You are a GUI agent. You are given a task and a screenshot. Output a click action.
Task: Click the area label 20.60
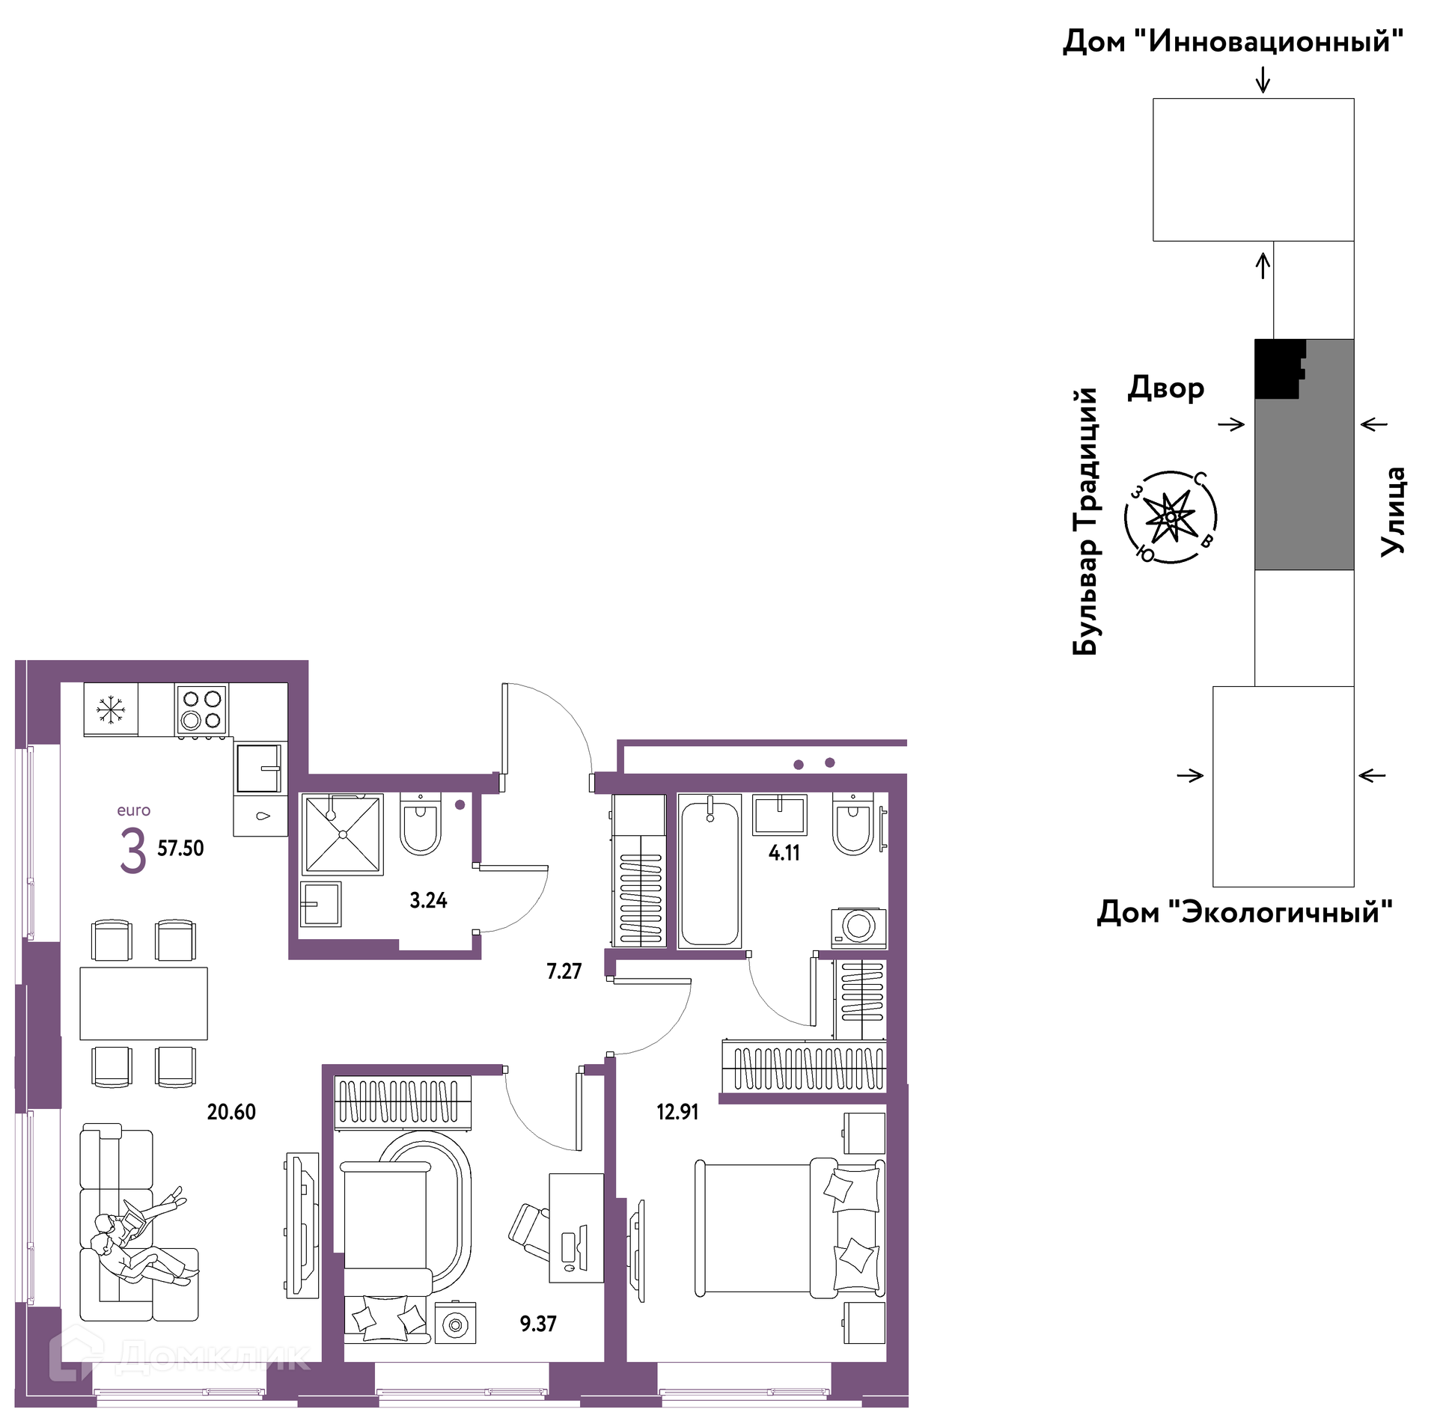[x=231, y=1112]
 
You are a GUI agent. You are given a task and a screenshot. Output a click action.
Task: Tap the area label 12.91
[x=677, y=1112]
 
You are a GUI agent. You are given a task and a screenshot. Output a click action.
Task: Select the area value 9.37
[x=538, y=1324]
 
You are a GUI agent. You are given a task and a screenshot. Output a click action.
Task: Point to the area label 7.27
[x=564, y=971]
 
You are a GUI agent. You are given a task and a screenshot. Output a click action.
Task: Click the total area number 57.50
[x=180, y=848]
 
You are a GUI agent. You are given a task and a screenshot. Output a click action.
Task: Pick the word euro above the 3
[x=133, y=810]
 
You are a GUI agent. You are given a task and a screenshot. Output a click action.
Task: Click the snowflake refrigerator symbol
[x=111, y=709]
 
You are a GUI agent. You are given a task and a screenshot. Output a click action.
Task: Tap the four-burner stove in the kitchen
[x=202, y=709]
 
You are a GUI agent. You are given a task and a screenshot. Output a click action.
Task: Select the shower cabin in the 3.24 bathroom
[x=343, y=834]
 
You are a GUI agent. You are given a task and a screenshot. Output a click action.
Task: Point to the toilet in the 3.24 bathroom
[x=420, y=825]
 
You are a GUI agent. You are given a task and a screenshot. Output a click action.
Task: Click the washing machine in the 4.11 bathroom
[x=858, y=927]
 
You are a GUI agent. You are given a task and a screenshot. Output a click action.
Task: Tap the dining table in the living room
[x=144, y=1003]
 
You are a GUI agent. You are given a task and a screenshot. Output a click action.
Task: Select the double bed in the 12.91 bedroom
[x=790, y=1228]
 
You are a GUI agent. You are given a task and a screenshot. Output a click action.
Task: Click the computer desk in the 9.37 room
[x=576, y=1228]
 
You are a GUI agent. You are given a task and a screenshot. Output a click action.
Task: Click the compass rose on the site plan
[x=1171, y=517]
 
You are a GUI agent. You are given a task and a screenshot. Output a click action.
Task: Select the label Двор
[x=1166, y=388]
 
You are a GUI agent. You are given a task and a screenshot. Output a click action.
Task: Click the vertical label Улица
[x=1393, y=512]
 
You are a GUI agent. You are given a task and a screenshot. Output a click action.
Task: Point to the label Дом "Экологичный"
[x=1245, y=912]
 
